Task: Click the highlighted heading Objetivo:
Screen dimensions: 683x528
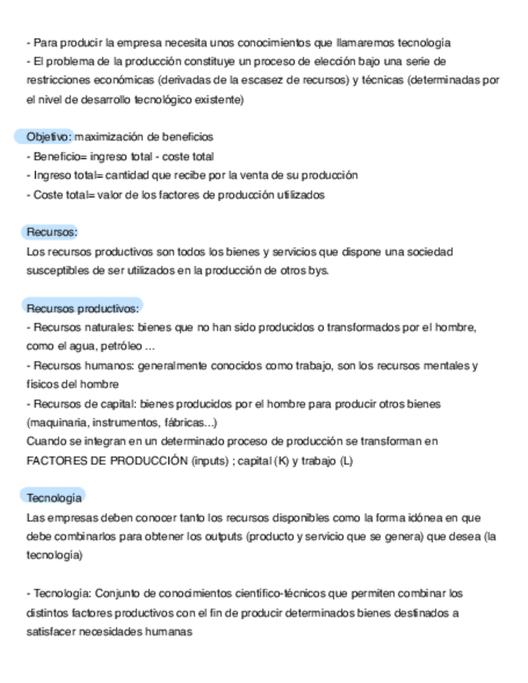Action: click(49, 137)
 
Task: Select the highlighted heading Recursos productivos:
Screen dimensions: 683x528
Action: click(83, 308)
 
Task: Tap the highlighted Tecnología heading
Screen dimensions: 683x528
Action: click(54, 498)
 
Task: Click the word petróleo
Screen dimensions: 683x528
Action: click(119, 346)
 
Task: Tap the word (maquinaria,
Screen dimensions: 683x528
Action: click(57, 422)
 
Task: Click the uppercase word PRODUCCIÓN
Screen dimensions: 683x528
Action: click(148, 461)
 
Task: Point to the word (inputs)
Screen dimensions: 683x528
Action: click(210, 461)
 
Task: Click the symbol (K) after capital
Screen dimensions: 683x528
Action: click(282, 461)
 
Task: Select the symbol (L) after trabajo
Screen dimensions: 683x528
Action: click(347, 461)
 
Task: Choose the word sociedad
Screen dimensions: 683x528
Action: click(430, 251)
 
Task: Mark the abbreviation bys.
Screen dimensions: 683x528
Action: click(319, 271)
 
